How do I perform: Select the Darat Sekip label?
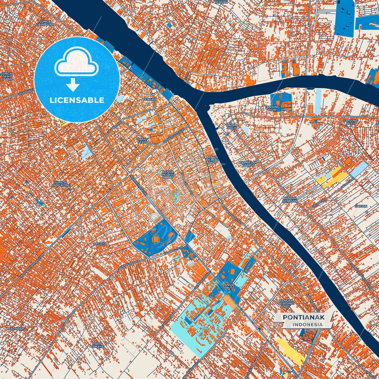(x=143, y=141)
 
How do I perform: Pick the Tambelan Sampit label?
(x=248, y=164)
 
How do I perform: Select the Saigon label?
(x=361, y=206)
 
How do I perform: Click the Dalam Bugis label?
(x=232, y=126)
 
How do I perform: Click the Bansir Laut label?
(x=227, y=286)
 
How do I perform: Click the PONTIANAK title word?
(x=303, y=317)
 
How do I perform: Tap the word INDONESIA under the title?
(x=308, y=324)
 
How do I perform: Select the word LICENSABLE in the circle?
(x=77, y=100)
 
